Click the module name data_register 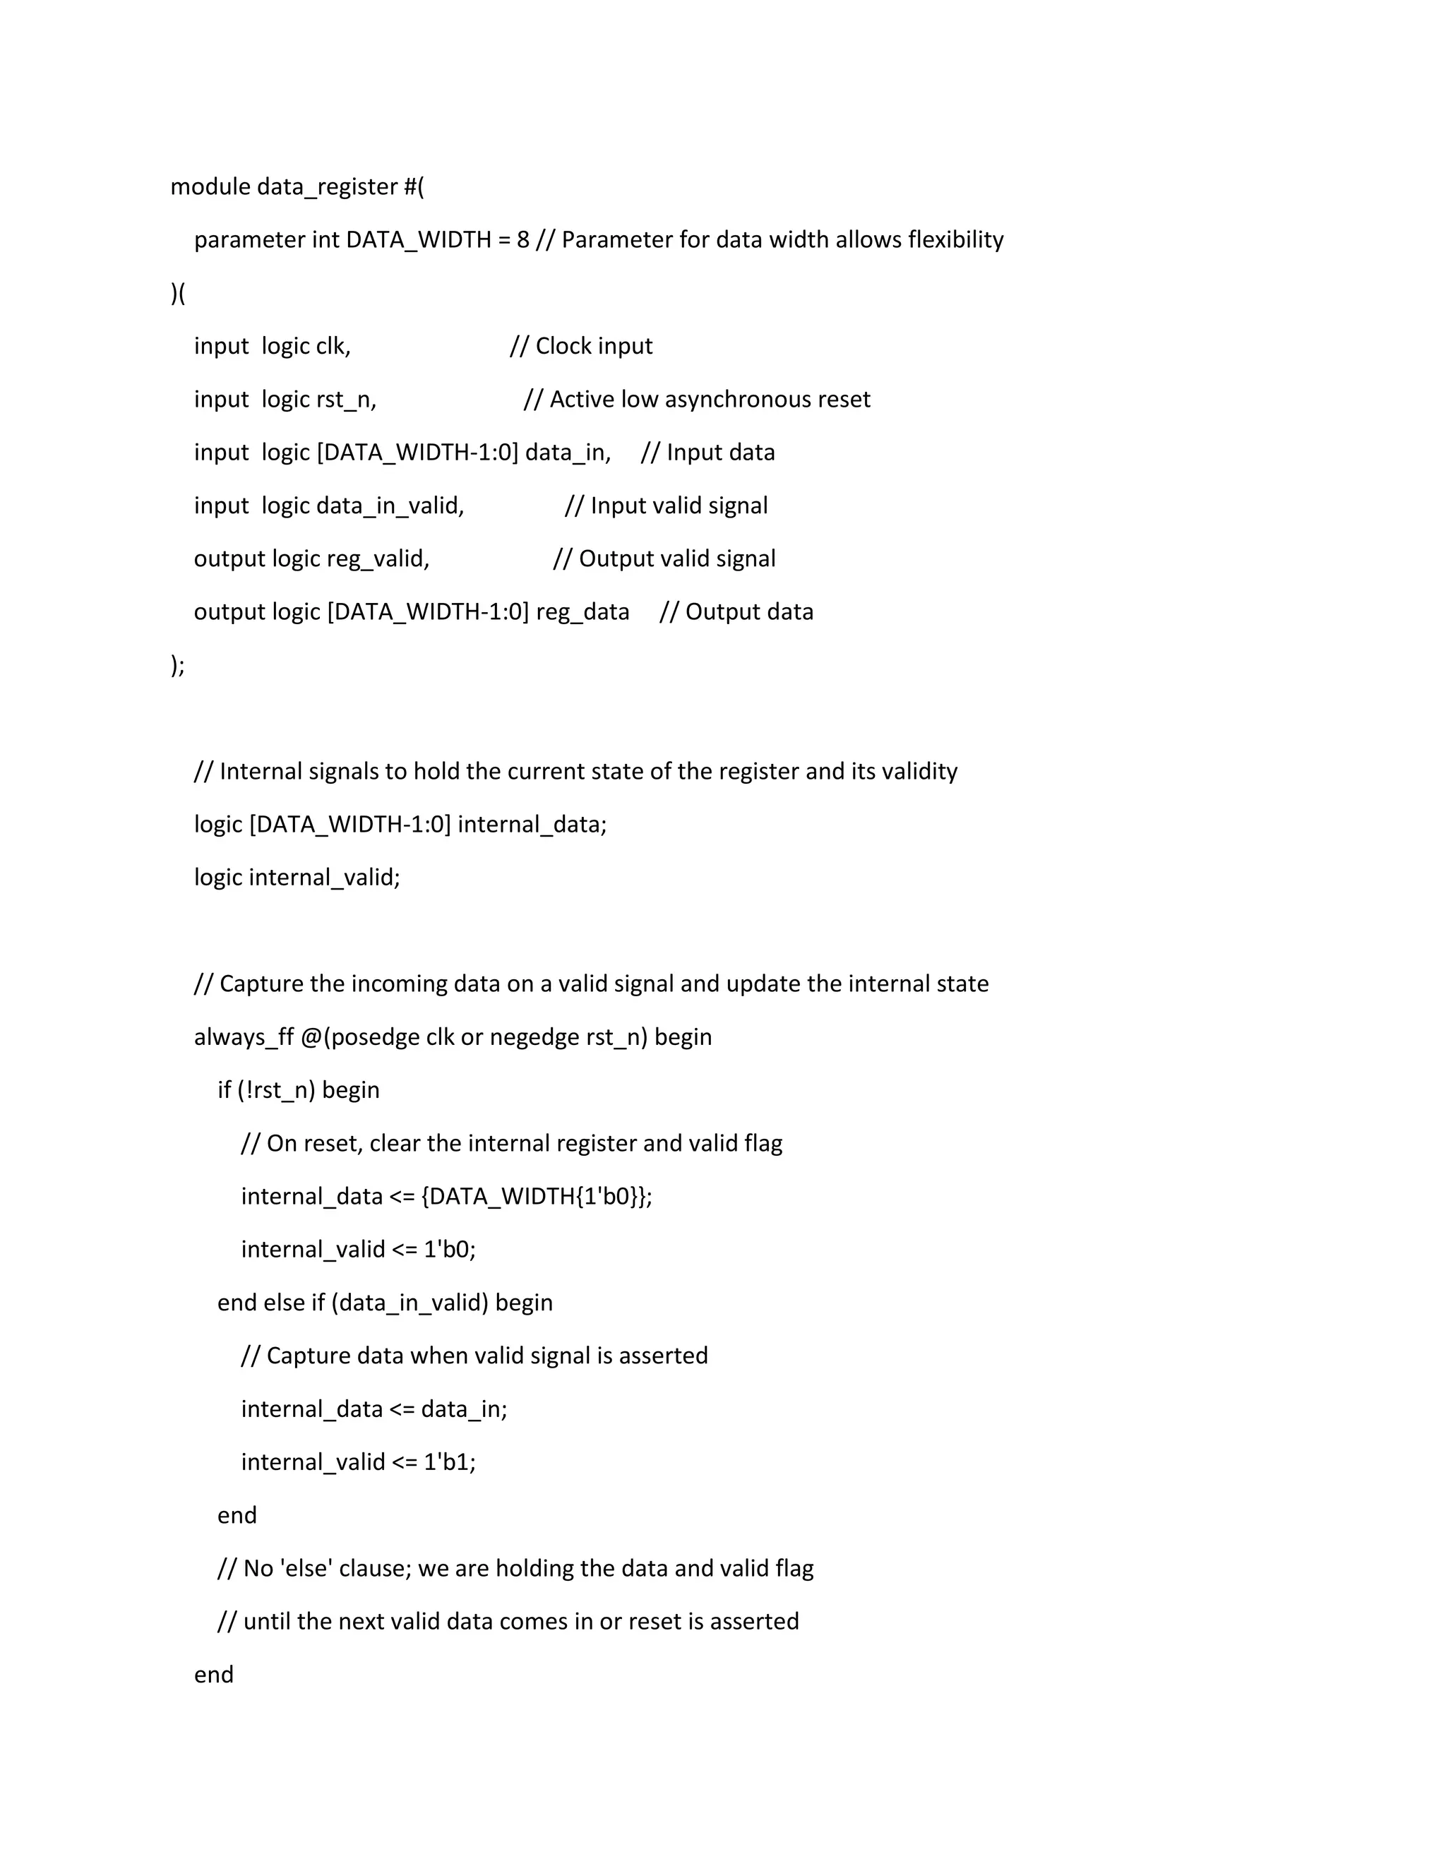pos(326,187)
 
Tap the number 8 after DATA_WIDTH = pos(522,240)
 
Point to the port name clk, pos(333,346)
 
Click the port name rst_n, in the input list pos(346,399)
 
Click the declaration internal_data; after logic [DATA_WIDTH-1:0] pos(532,824)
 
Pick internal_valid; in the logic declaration pos(324,877)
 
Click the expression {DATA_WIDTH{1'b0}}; pos(537,1196)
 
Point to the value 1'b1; pos(450,1461)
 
